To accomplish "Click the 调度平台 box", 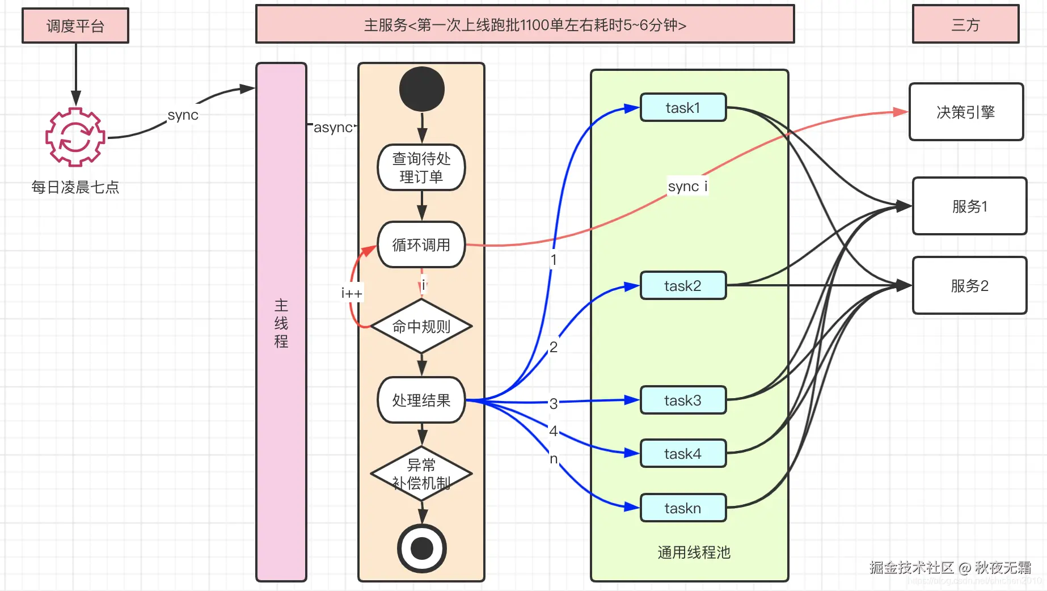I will [x=75, y=26].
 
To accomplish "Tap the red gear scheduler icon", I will [x=75, y=137].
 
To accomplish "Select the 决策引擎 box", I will [x=966, y=112].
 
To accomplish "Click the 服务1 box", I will [x=969, y=206].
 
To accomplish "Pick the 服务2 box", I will [x=969, y=285].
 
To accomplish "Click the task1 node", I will [x=683, y=108].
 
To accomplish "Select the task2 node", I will [x=683, y=286].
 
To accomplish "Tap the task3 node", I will [x=683, y=400].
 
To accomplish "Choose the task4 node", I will [x=683, y=454].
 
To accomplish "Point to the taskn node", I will [x=683, y=508].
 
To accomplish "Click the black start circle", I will [x=422, y=89].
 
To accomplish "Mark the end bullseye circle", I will [x=422, y=548].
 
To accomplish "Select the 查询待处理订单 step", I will [x=421, y=167].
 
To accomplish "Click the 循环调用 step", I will [x=421, y=244].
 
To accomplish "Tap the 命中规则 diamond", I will [x=421, y=326].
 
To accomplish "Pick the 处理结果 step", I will [x=421, y=400].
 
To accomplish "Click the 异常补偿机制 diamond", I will [x=421, y=474].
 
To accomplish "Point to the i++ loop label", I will [x=351, y=293].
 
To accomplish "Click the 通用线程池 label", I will [x=694, y=552].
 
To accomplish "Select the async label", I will [x=333, y=128].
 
